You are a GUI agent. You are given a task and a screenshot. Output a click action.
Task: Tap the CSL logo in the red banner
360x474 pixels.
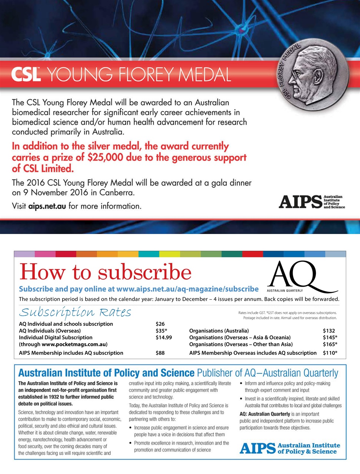26,74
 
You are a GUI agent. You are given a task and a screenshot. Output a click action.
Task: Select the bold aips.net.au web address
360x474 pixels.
47,206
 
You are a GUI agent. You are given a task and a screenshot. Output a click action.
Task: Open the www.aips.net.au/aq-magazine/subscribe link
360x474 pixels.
187,289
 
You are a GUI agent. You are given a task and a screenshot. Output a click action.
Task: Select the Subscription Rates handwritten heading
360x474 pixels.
75,312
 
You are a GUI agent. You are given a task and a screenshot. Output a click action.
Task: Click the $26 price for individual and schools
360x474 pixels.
160,324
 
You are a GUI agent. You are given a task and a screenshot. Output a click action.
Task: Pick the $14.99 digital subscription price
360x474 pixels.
164,337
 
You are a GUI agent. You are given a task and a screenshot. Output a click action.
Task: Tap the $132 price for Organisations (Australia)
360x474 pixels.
329,331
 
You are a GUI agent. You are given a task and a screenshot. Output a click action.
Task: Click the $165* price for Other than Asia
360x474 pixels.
330,344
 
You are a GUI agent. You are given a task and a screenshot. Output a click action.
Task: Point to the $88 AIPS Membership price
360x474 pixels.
160,353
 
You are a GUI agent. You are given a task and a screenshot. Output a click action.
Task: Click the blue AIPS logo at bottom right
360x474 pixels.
290,448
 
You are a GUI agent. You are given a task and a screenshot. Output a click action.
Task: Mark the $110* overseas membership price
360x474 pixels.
330,353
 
